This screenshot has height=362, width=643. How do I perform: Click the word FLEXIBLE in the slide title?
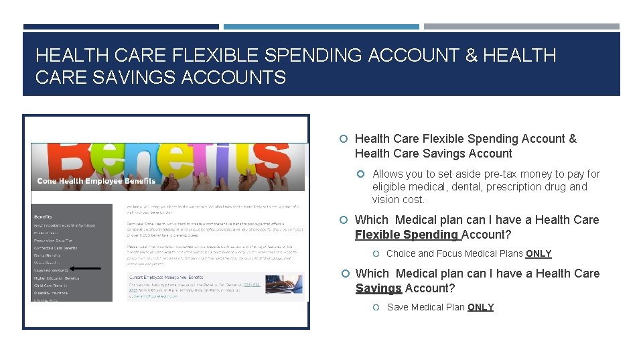(x=214, y=55)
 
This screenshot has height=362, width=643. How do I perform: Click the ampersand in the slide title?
(x=471, y=55)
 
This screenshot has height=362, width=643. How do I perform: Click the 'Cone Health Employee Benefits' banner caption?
(x=96, y=181)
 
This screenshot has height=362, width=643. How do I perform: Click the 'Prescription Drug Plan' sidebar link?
(x=54, y=241)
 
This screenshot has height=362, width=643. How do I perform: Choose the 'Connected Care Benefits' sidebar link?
(x=56, y=248)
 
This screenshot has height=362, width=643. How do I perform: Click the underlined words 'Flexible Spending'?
(x=407, y=235)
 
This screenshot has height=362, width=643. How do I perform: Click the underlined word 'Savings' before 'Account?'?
(x=378, y=288)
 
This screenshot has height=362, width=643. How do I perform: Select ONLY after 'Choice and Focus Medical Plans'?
(x=539, y=253)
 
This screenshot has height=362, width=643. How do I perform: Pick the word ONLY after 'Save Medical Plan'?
(x=480, y=307)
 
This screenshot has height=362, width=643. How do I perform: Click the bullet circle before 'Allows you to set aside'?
(x=360, y=174)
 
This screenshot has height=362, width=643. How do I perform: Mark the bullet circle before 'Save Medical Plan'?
(x=376, y=307)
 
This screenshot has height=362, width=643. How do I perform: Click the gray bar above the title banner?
(x=522, y=27)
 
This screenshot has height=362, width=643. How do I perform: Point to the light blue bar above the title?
(x=321, y=27)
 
